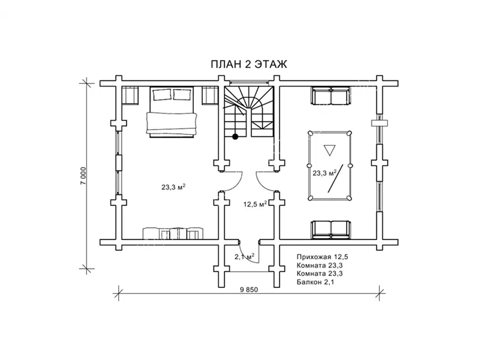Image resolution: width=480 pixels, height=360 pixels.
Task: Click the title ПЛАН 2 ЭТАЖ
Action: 249,64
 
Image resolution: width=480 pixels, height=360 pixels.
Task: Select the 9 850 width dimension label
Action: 249,290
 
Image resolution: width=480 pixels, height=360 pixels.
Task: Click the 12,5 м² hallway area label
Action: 256,204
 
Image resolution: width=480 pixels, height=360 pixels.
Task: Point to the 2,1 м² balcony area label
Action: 245,257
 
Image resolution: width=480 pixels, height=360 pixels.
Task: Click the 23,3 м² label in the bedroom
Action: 174,187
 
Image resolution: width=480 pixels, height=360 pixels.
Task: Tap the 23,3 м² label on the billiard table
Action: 325,173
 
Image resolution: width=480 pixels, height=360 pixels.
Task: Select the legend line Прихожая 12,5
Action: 322,257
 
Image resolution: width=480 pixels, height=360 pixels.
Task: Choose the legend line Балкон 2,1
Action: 316,282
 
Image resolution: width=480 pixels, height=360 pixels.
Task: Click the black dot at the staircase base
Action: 235,137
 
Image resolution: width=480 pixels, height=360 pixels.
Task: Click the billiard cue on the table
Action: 335,178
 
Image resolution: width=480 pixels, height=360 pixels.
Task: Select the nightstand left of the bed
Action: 130,95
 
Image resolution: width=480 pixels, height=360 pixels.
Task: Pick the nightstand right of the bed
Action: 209,95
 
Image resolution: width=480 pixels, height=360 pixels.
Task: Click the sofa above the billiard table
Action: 331,96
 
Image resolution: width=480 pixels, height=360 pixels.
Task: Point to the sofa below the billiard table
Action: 331,230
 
